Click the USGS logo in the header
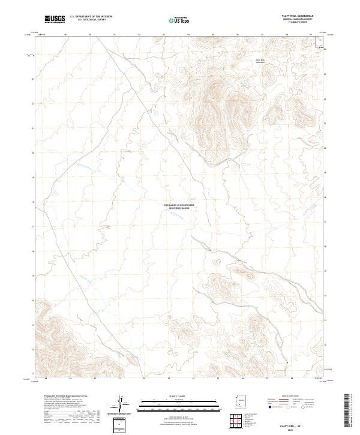(54, 19)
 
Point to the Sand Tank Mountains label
(260, 61)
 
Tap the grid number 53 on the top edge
(164, 35)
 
